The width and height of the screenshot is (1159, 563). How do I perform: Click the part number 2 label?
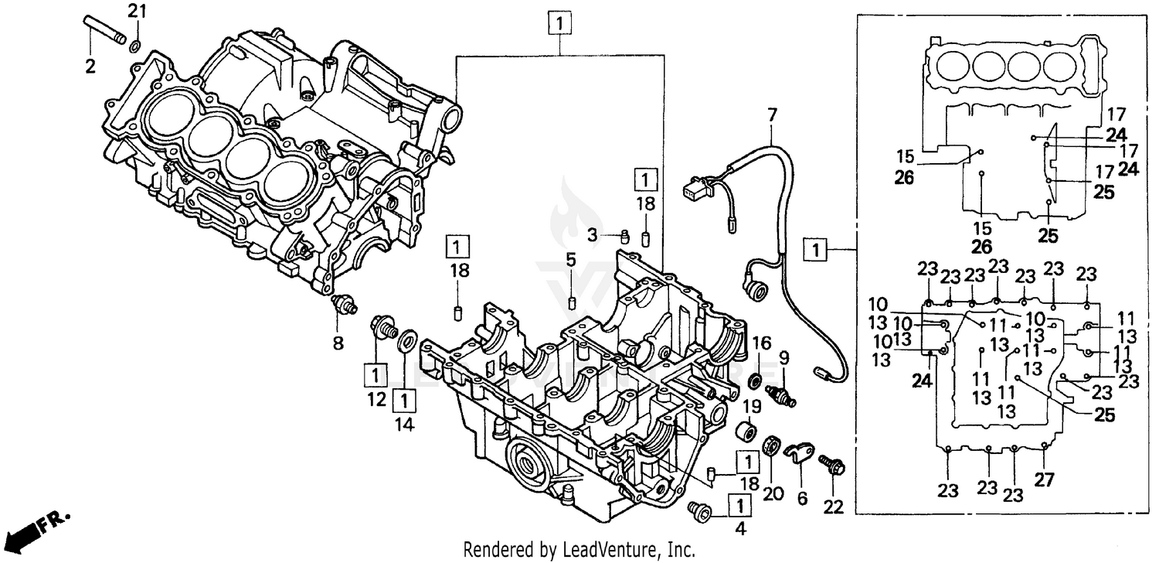point(90,67)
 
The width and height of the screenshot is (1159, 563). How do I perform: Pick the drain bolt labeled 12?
point(383,328)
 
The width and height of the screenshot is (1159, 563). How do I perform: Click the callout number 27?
point(1044,479)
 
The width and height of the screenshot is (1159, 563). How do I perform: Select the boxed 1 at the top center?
point(560,23)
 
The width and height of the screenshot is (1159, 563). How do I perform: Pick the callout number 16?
point(762,343)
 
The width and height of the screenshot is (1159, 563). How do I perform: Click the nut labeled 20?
point(770,446)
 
